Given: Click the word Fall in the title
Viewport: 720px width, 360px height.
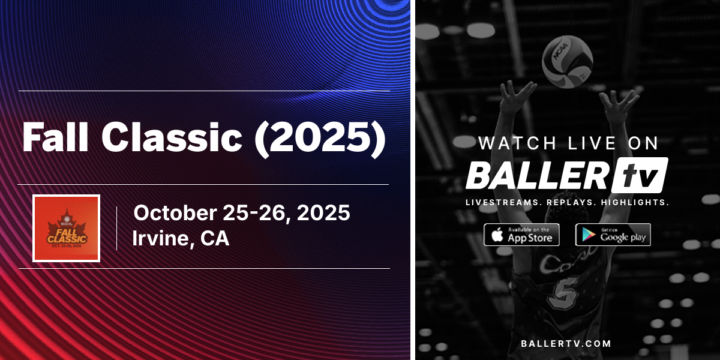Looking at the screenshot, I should (x=56, y=138).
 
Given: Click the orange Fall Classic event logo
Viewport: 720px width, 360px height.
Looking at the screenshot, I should (x=66, y=228).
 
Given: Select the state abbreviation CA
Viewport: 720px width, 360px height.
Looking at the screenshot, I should (x=215, y=239).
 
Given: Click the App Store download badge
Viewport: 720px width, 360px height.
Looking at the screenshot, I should (x=521, y=235).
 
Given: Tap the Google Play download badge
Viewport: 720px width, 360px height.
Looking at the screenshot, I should (x=613, y=235).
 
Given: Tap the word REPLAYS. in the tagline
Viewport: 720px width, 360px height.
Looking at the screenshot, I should (x=568, y=203).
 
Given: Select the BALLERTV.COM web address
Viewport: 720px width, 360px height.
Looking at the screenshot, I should (x=567, y=344).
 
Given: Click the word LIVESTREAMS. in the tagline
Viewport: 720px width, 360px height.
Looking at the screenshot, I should (x=502, y=203).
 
